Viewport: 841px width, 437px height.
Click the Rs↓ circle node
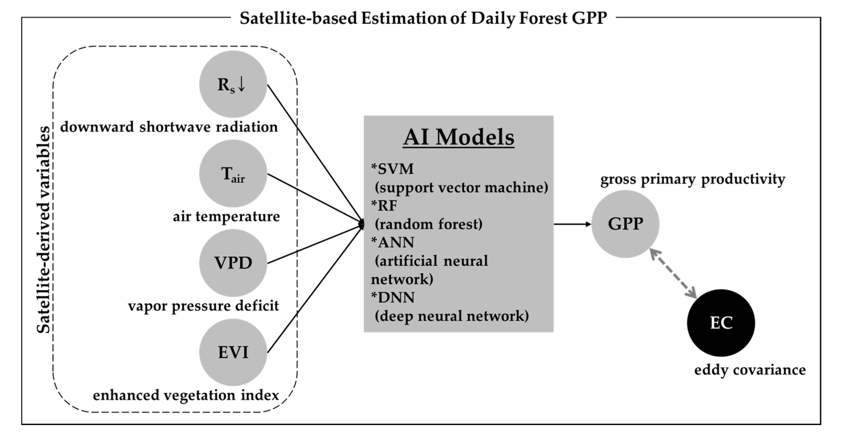click(x=233, y=84)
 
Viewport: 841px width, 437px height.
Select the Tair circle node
click(x=233, y=174)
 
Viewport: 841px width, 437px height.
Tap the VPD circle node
click(x=233, y=263)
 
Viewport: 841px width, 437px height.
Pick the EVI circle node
click(x=233, y=352)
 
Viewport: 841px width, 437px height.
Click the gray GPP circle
click(x=625, y=224)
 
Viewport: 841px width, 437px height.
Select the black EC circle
click(x=721, y=323)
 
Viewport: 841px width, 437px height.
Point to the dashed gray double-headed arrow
click(x=673, y=274)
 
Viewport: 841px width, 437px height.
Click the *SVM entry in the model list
click(x=392, y=169)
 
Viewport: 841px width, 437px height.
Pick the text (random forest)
click(x=428, y=224)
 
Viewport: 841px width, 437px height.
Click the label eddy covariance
click(x=750, y=370)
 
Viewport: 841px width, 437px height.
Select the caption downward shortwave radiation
click(x=169, y=127)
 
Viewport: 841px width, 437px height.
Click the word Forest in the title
click(x=543, y=18)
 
